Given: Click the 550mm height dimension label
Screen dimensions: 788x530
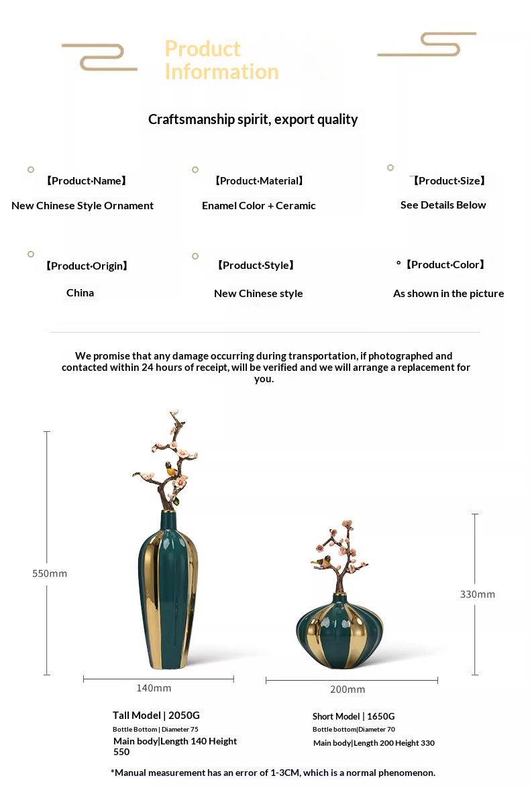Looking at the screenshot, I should click(50, 573).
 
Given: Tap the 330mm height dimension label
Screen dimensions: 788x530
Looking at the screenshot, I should click(478, 594).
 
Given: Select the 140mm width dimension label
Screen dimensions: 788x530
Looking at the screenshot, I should click(154, 688).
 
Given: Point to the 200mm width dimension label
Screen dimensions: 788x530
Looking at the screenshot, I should click(348, 689).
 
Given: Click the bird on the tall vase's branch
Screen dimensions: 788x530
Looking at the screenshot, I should click(172, 469).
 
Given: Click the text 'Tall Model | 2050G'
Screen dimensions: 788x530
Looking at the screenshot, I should click(156, 715).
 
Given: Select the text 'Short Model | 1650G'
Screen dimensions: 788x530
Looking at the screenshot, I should click(354, 716).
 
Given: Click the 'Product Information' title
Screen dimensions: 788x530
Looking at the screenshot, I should click(221, 60).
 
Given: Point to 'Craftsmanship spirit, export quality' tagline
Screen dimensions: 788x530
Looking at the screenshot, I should click(253, 119).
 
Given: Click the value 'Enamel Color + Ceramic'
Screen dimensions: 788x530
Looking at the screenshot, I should click(258, 206).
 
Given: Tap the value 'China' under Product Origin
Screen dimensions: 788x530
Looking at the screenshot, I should click(80, 293).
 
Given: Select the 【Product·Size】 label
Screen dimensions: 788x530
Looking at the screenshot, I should click(449, 180).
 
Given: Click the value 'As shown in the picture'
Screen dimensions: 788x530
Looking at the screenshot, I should click(448, 294).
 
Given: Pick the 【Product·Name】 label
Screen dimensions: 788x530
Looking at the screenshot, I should click(86, 180).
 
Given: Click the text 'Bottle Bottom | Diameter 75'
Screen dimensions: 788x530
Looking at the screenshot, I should click(156, 729).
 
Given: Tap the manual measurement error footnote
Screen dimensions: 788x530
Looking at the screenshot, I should click(273, 773).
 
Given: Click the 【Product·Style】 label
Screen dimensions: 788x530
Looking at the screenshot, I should click(256, 266).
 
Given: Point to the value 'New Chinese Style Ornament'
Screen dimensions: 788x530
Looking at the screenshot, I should click(83, 206).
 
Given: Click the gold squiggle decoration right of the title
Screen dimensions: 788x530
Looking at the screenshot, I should click(427, 44).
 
